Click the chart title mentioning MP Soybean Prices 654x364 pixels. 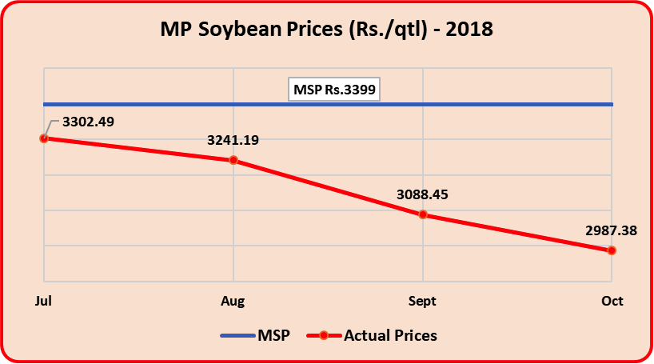tap(326, 30)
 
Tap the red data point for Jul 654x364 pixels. tap(44, 138)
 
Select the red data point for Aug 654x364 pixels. tap(233, 160)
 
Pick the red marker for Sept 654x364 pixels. tap(423, 214)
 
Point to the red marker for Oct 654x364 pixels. tap(612, 250)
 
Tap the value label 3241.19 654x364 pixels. tap(233, 140)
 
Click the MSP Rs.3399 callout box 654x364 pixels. tap(334, 90)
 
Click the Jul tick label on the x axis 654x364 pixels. tap(44, 302)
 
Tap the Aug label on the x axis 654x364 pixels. tap(233, 302)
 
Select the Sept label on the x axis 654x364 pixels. tap(422, 302)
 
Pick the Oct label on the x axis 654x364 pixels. tap(612, 302)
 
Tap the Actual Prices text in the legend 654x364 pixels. tap(390, 336)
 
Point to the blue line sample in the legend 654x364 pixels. tap(237, 336)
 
